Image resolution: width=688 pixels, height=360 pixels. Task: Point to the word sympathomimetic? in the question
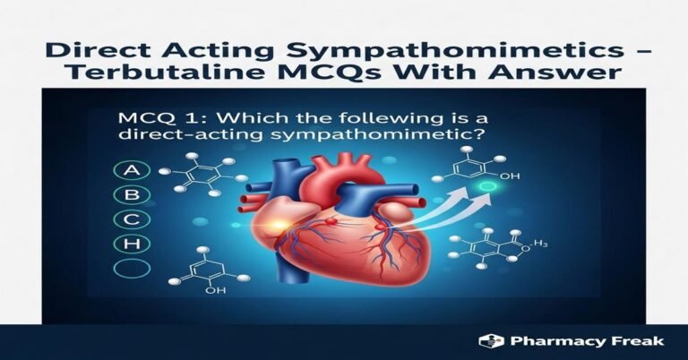336,139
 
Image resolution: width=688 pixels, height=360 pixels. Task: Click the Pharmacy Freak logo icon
488,341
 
